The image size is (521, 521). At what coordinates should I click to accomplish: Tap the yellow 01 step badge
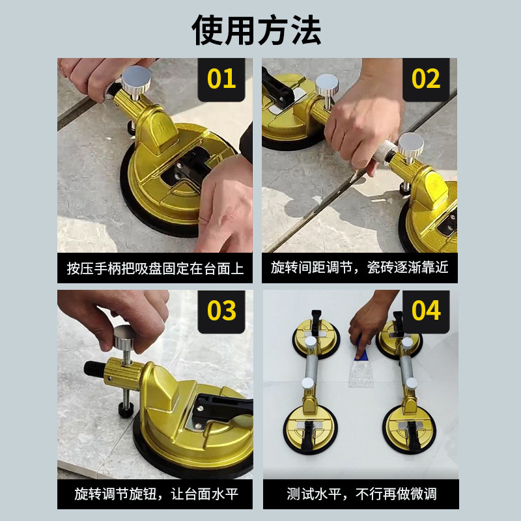tap(221, 79)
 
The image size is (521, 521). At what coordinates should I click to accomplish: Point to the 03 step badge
tap(221, 311)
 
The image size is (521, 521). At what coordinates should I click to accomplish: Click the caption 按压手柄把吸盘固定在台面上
tap(155, 268)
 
